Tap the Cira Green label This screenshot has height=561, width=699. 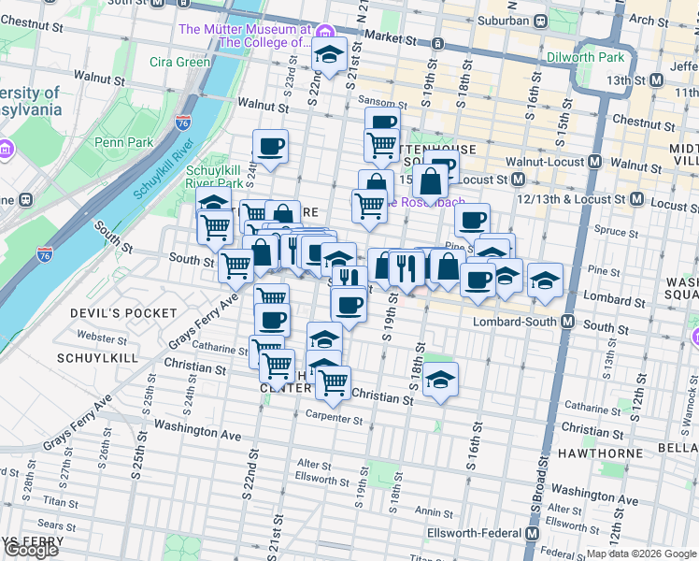pyautogui.click(x=180, y=63)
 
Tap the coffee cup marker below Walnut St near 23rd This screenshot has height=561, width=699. pyautogui.click(x=270, y=147)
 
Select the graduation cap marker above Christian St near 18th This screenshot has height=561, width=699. pyautogui.click(x=440, y=380)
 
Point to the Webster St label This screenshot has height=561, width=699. pyautogui.click(x=104, y=336)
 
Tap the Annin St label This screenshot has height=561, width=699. pyautogui.click(x=434, y=511)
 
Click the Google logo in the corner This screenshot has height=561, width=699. pyautogui.click(x=31, y=550)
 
